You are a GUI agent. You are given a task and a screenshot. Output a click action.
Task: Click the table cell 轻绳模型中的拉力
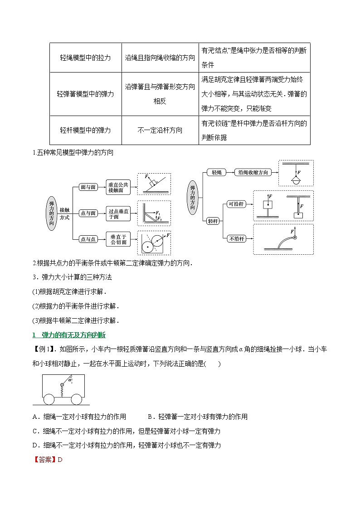point(85,58)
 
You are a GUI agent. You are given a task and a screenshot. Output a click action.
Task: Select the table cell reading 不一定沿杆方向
point(160,130)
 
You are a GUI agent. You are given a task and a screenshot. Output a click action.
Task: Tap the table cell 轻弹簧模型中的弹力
point(85,94)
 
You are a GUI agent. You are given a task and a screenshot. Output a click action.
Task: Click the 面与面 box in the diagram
point(88,187)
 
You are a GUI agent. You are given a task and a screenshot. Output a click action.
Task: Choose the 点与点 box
point(88,239)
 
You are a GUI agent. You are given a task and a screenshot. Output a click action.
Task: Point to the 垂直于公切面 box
point(119,239)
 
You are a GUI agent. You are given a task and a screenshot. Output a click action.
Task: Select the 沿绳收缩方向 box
point(253,172)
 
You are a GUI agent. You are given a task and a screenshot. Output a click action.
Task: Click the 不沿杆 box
point(236,238)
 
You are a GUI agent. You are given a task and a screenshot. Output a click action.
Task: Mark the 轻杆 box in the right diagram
point(213,221)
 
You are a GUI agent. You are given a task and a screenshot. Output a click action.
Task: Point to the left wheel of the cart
point(49,399)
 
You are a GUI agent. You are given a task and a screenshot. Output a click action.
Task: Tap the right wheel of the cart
point(77,399)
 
